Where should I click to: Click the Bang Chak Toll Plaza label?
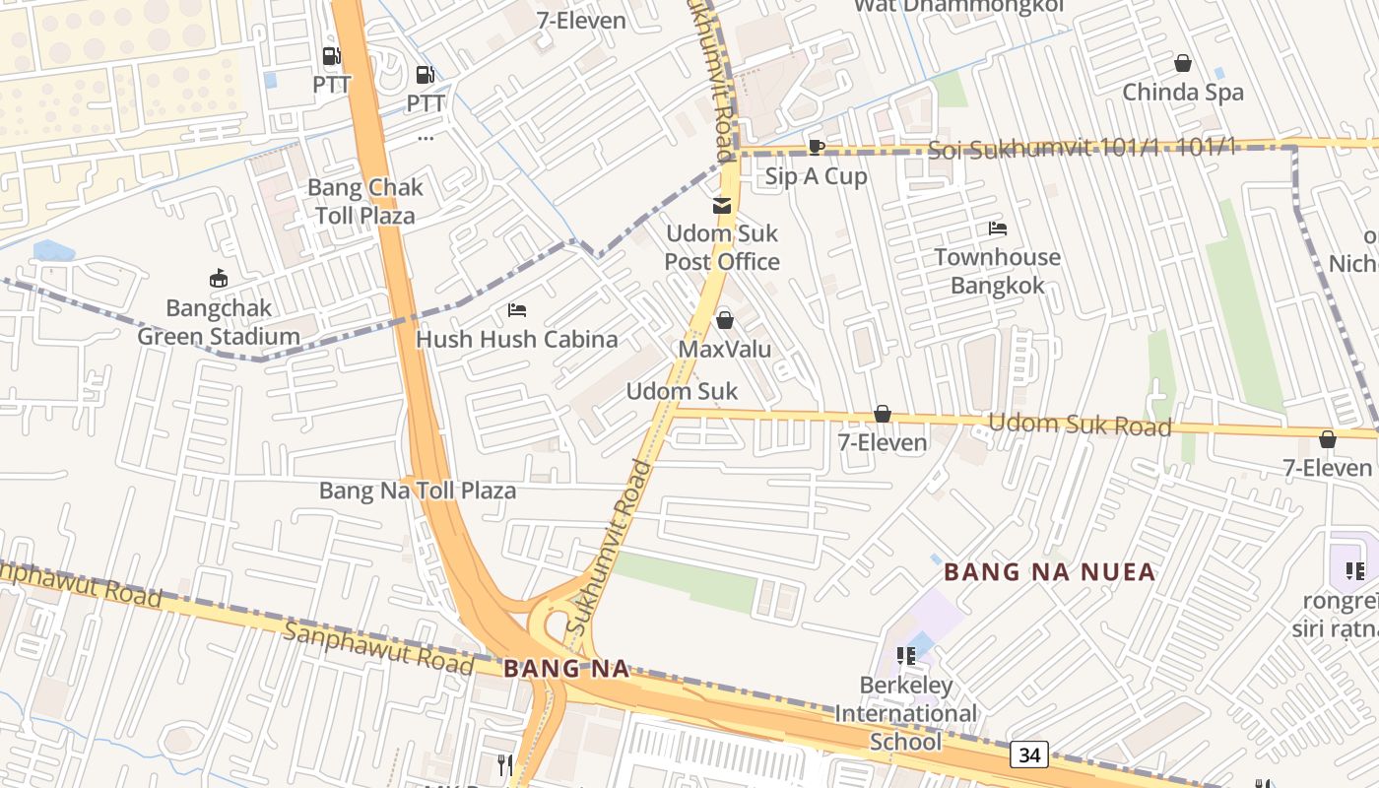[365, 201]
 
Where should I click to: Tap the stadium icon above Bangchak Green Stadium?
[218, 280]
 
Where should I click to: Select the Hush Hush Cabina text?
[517, 340]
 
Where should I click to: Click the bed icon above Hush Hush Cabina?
[517, 310]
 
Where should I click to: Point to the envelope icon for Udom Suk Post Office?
[723, 206]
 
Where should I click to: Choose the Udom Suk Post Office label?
[722, 247]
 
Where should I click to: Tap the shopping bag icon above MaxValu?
[725, 320]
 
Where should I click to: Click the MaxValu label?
[725, 350]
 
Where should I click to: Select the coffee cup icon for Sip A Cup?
[816, 148]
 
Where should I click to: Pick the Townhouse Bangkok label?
[997, 271]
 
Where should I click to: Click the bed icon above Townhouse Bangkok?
[998, 229]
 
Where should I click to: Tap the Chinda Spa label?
[1183, 93]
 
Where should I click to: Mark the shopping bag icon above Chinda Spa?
[1183, 64]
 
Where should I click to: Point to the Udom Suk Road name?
[1080, 425]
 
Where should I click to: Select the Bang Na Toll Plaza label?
[418, 491]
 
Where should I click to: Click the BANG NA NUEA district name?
[1049, 572]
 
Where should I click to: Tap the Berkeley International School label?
[906, 713]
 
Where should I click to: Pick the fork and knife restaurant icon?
[504, 765]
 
